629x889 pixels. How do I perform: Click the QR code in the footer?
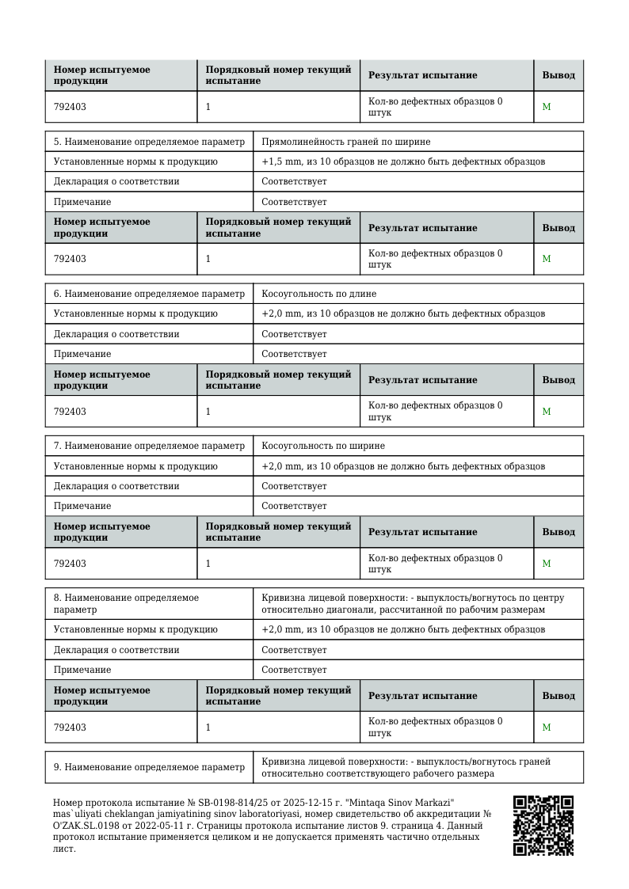pos(543,826)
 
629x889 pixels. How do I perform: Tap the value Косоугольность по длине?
pos(319,294)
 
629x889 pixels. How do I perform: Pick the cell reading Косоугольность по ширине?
pos(323,446)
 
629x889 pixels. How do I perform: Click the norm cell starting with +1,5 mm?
pos(403,161)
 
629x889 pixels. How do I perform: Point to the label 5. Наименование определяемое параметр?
pos(149,142)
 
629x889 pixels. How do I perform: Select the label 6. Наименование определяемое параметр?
pos(149,294)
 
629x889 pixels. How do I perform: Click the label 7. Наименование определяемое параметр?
pos(149,446)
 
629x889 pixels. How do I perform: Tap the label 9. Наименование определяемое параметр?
pos(149,767)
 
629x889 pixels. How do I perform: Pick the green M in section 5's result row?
pos(547,259)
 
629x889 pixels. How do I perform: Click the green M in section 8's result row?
pos(547,728)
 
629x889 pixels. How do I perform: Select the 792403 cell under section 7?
pos(71,564)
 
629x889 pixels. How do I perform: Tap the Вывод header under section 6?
pos(558,380)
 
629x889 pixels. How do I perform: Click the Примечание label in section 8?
pos(82,670)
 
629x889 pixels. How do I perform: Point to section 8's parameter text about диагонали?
pos(403,610)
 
